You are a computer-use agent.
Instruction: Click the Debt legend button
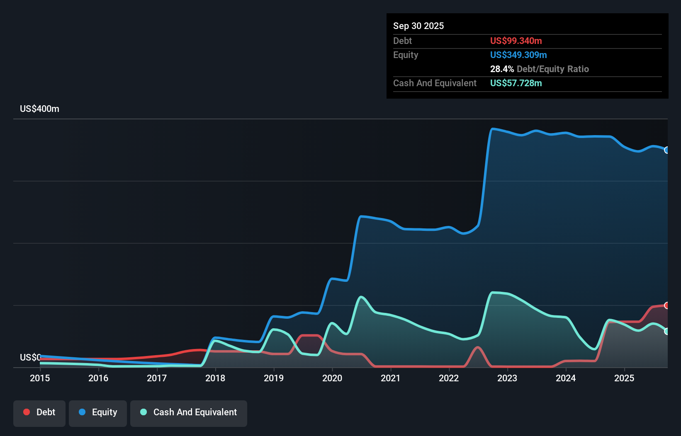pos(39,413)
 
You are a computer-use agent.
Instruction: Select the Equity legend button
pos(98,413)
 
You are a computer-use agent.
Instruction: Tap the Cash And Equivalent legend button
pos(189,413)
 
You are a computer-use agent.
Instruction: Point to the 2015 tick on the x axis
pos(40,378)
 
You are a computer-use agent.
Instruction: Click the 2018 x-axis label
pos(215,378)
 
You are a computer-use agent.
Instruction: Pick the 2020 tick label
pos(332,378)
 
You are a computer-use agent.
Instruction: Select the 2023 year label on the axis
pos(507,378)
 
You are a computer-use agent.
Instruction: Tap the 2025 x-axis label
pos(624,378)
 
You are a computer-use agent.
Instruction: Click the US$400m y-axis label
pos(39,109)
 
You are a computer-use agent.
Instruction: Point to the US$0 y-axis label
pos(30,357)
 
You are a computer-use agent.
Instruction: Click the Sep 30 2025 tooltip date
pos(418,26)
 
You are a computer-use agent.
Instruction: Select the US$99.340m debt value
pos(516,41)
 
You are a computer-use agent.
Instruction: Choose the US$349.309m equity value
pos(518,55)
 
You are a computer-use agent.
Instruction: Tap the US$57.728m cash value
pos(516,83)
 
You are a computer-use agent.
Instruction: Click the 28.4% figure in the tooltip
pos(502,69)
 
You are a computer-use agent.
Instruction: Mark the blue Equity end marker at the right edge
pos(666,150)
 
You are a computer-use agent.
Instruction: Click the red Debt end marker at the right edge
pos(666,305)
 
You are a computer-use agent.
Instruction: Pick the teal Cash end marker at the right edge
pos(666,331)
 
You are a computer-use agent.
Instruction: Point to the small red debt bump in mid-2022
pos(478,348)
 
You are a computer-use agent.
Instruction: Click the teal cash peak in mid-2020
pos(361,297)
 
